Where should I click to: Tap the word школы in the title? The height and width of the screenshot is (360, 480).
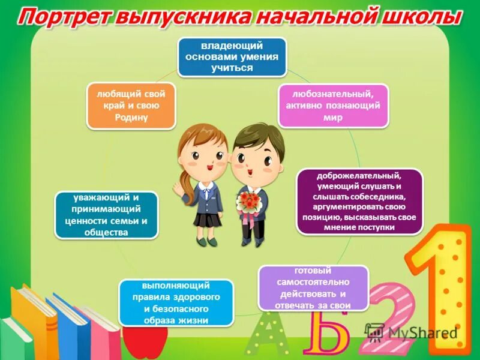[420, 17]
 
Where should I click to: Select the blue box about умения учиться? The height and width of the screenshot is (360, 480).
[231, 58]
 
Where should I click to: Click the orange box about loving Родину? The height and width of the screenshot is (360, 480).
[131, 106]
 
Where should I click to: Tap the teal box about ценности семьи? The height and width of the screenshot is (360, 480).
[106, 215]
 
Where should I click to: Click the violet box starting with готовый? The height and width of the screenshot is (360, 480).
[312, 288]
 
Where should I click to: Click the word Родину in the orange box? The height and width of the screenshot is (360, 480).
[131, 118]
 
